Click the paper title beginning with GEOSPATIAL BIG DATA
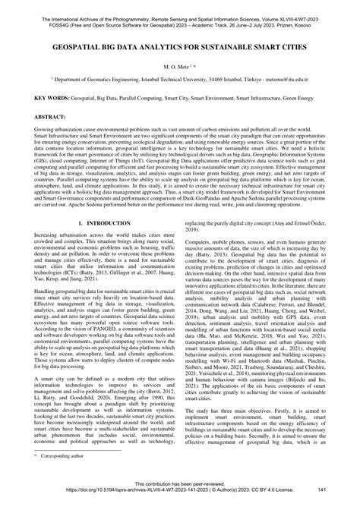tap(180, 45)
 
